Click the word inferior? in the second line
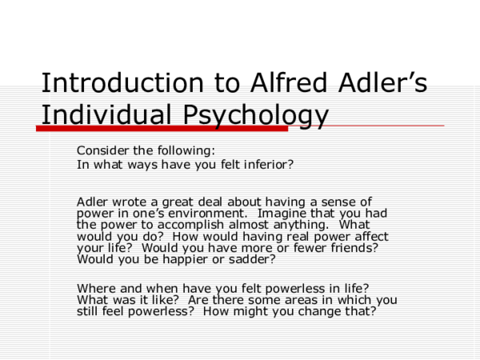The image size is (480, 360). [266, 165]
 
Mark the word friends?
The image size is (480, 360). [350, 248]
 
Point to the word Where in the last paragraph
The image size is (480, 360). [95, 288]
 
